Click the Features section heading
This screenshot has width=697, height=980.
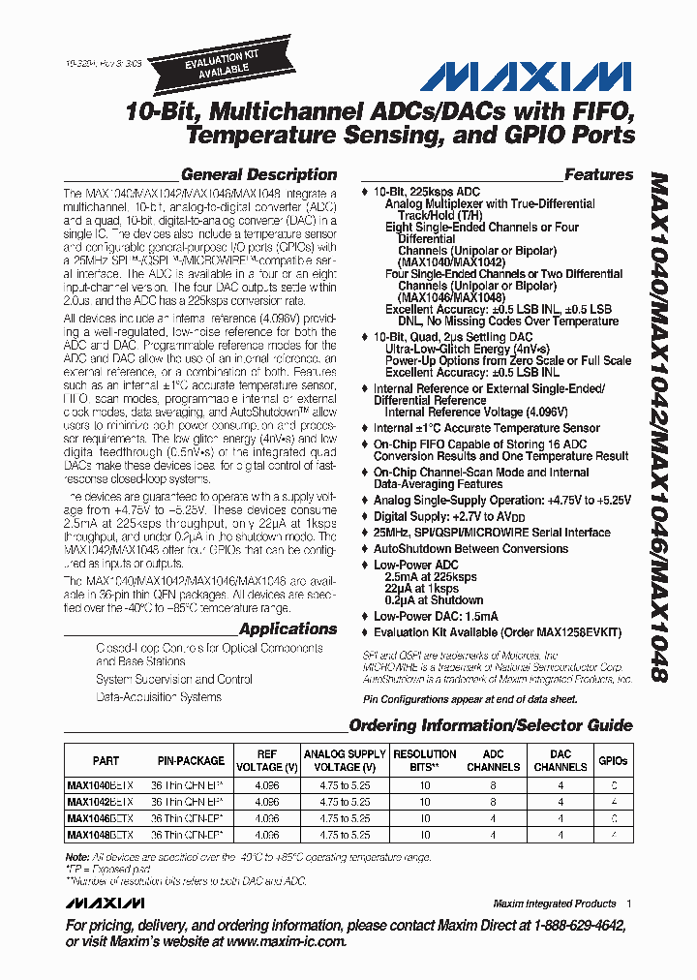(598, 175)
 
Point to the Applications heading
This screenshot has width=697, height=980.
(288, 629)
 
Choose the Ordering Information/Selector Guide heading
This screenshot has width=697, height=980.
(490, 725)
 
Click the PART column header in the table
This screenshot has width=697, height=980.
(106, 761)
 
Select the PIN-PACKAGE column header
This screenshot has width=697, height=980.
(191, 761)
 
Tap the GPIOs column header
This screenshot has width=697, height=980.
(613, 761)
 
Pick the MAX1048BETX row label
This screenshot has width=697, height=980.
(101, 834)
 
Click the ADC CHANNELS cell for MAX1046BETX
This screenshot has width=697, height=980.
(493, 818)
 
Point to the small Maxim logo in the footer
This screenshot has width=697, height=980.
(106, 903)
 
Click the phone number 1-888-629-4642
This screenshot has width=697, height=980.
(569, 926)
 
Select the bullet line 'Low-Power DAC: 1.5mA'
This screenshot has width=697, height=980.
(436, 616)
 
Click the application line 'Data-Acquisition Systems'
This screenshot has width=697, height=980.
(158, 696)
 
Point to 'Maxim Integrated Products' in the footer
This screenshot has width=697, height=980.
(554, 903)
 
